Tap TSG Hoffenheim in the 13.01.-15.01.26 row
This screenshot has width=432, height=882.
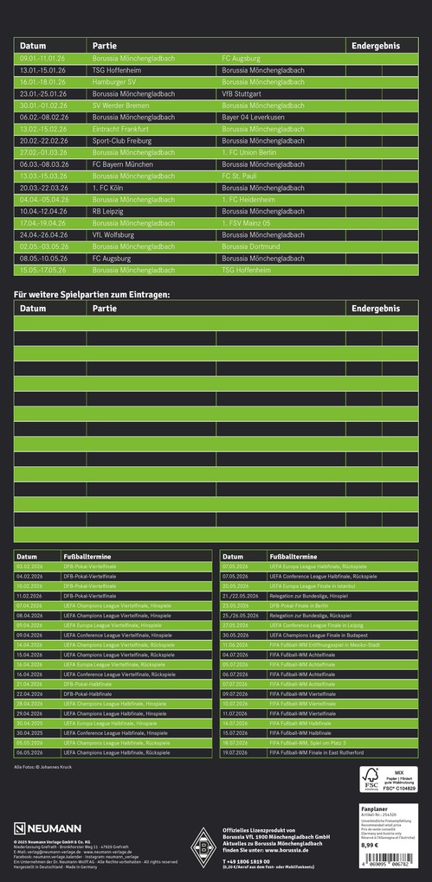(119, 69)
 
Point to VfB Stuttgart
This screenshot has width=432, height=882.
(241, 93)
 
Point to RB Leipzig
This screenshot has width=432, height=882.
(108, 211)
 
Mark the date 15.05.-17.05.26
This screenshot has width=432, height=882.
(42, 270)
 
